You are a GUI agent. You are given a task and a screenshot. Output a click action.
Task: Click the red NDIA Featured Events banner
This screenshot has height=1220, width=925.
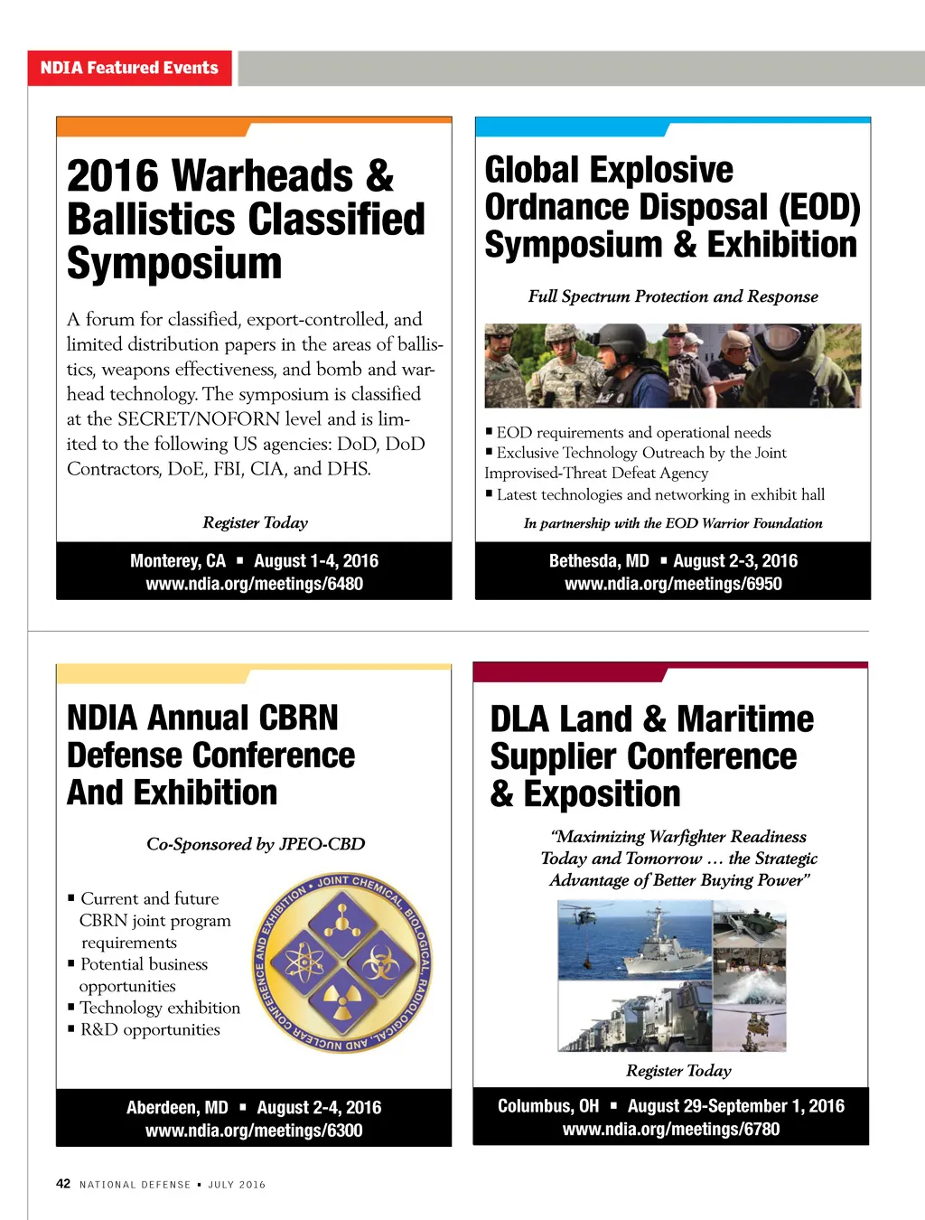(x=129, y=68)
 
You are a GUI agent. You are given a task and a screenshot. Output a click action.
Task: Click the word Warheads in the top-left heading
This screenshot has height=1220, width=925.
(x=262, y=176)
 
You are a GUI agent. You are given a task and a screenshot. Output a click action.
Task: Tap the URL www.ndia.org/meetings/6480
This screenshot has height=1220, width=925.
(x=254, y=584)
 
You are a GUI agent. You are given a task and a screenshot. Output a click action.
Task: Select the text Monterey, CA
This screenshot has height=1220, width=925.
(x=178, y=561)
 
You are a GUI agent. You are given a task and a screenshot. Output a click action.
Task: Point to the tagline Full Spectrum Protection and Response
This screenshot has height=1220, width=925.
(x=673, y=296)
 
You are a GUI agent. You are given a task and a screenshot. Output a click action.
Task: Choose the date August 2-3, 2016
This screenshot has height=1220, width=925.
(x=735, y=561)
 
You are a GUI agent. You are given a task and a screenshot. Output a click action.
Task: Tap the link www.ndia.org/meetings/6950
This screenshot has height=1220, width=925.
(x=673, y=584)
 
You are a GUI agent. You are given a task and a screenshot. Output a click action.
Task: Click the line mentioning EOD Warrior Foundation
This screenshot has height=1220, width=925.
(x=673, y=523)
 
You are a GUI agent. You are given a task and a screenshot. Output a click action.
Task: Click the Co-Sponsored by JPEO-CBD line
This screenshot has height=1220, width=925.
(x=256, y=844)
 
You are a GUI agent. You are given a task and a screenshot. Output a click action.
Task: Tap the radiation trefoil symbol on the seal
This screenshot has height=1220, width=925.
(x=342, y=999)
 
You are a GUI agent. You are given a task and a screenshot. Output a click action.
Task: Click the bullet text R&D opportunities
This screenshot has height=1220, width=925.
(x=150, y=1029)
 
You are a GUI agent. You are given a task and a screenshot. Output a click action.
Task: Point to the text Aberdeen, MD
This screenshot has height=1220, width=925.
(x=177, y=1108)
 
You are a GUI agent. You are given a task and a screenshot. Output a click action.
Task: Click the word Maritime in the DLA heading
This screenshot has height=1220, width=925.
(x=745, y=719)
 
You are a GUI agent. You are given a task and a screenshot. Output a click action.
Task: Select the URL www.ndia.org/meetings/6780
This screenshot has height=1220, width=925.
(x=671, y=1129)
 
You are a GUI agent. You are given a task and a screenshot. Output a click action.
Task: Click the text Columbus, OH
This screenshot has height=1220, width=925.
(x=548, y=1106)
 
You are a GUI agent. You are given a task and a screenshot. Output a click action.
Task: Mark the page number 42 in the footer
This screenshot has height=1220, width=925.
(x=63, y=1184)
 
